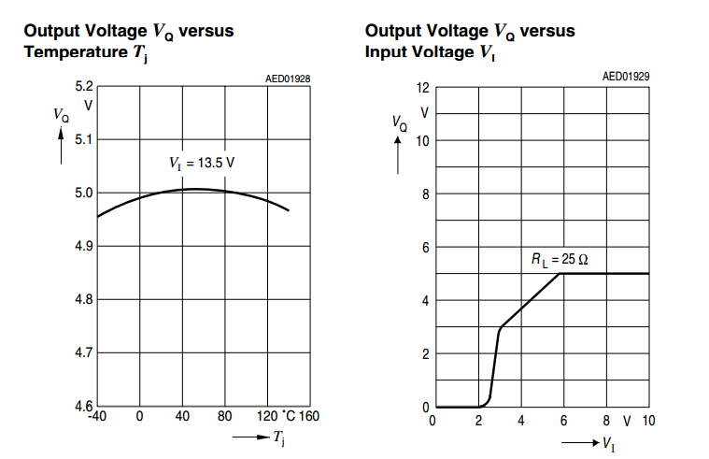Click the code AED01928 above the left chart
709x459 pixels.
288,79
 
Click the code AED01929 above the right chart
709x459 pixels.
625,76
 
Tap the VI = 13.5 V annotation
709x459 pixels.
202,163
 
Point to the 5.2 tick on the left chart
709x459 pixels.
84,87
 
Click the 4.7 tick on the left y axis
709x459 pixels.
84,353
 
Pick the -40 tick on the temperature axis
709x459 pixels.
97,417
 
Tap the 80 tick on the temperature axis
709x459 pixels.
225,417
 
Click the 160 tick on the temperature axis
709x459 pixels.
309,417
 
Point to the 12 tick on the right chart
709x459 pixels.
422,88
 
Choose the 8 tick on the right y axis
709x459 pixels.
425,194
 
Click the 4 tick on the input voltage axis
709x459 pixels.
520,421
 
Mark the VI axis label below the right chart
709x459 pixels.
608,443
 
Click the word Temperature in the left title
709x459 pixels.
72,51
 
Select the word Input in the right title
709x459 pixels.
385,51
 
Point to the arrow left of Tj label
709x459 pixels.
249,437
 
